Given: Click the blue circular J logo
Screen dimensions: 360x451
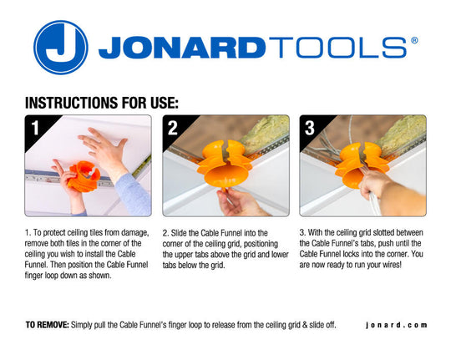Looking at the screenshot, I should point(61,48).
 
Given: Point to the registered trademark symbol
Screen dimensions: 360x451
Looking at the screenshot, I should point(414,40).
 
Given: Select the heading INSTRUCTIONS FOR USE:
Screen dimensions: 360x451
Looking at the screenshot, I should point(102,103).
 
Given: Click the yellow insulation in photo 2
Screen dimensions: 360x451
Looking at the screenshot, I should point(267,129).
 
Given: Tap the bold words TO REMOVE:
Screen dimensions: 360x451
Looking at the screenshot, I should point(48,324).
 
